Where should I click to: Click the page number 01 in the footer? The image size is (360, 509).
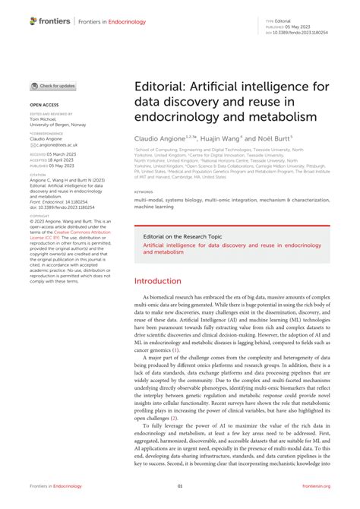pos(180,486)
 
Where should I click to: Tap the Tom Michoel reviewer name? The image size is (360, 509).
pos(44,119)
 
